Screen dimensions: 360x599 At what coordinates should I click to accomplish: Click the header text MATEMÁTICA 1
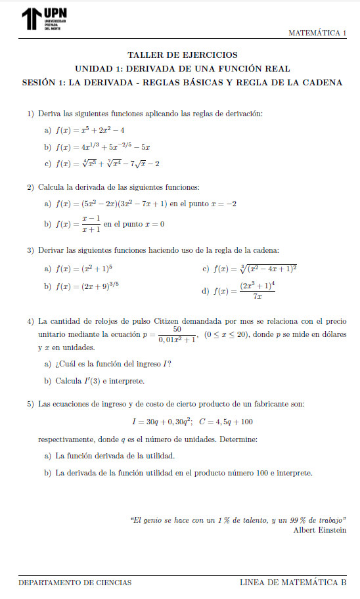(317, 33)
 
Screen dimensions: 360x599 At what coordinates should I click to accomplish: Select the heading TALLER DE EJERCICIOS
(183, 55)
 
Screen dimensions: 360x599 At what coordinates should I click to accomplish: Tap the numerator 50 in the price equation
(177, 329)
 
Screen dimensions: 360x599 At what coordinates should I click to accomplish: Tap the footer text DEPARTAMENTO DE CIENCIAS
(75, 583)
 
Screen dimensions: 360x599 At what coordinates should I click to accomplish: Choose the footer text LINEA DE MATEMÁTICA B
(292, 583)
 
